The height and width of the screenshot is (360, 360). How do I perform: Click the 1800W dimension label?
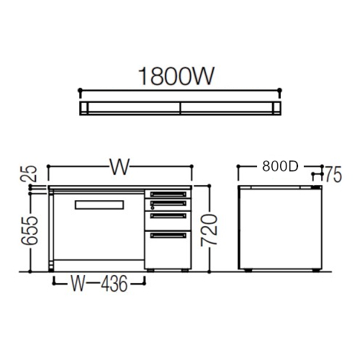[x=176, y=76]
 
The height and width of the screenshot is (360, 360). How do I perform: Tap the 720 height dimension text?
[x=210, y=230]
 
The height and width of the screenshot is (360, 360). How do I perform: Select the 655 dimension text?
[x=30, y=230]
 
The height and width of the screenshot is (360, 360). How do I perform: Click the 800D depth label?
[x=280, y=166]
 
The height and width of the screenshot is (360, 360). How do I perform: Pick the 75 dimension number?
[x=333, y=175]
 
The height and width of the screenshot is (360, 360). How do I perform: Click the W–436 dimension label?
[x=99, y=284]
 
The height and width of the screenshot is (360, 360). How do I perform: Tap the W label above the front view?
[x=120, y=166]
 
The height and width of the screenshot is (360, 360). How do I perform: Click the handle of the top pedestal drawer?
[x=168, y=194]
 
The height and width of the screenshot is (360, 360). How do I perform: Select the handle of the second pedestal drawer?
[x=168, y=203]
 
